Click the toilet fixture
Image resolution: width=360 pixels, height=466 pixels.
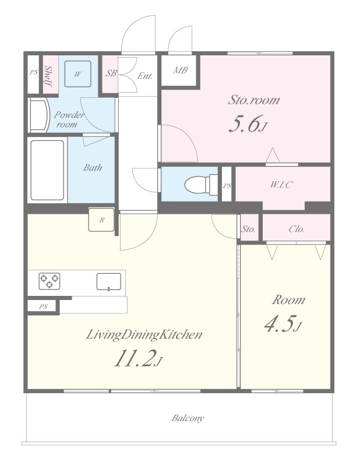[x=201, y=185]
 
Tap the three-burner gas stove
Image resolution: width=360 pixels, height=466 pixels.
[x=50, y=281]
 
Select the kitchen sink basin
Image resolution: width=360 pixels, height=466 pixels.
[x=109, y=282]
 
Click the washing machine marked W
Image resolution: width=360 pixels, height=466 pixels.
[x=78, y=74]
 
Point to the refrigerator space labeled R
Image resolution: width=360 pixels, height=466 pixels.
[x=101, y=220]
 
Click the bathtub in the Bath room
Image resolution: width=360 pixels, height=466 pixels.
[x=47, y=170]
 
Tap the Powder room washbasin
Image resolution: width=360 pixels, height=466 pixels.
[x=39, y=115]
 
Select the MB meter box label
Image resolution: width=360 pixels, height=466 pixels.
[x=180, y=70]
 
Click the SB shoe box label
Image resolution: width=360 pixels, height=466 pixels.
[x=111, y=73]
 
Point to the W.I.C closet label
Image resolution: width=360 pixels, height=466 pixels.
[x=281, y=185]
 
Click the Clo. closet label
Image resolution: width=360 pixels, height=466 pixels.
[x=297, y=229]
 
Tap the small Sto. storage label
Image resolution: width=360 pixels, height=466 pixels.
[x=248, y=229]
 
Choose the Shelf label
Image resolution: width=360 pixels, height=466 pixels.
[x=48, y=76]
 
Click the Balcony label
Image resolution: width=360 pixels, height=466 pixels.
[x=188, y=418]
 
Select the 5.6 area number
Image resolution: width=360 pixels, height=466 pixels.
[x=244, y=123]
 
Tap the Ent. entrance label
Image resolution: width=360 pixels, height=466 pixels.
[x=145, y=76]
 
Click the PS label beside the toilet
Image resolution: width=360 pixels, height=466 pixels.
[x=227, y=186]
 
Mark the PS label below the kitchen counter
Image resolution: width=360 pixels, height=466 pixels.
[x=43, y=306]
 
